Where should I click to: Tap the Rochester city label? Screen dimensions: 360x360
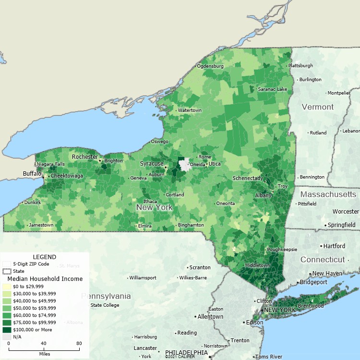pyautogui.click(x=84, y=157)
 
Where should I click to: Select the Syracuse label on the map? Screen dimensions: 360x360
pyautogui.click(x=152, y=164)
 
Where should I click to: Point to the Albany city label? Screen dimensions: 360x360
pyautogui.click(x=263, y=195)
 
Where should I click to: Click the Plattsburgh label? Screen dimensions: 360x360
pyautogui.click(x=300, y=66)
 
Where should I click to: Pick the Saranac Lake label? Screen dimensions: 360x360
pyautogui.click(x=272, y=89)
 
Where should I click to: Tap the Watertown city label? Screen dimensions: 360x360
pyautogui.click(x=190, y=110)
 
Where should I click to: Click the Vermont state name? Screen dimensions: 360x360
pyautogui.click(x=317, y=107)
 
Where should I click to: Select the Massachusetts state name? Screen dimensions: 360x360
pyautogui.click(x=328, y=194)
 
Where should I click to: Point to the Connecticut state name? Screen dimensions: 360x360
pyautogui.click(x=323, y=260)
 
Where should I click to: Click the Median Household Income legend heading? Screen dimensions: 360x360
pyautogui.click(x=45, y=279)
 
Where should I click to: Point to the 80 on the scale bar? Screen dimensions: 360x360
pyautogui.click(x=79, y=344)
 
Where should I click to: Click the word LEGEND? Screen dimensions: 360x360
pyautogui.click(x=44, y=257)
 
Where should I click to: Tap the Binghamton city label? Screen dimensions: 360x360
pyautogui.click(x=191, y=225)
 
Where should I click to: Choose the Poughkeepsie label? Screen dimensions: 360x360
pyautogui.click(x=283, y=250)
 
